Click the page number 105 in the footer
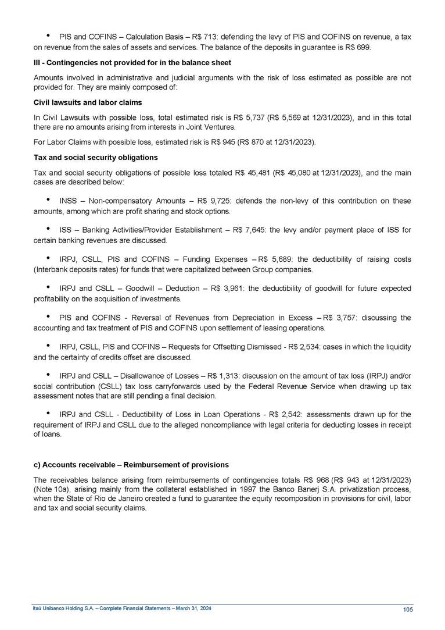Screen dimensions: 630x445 tap(407, 609)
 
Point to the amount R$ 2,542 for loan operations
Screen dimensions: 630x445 tap(283, 415)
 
